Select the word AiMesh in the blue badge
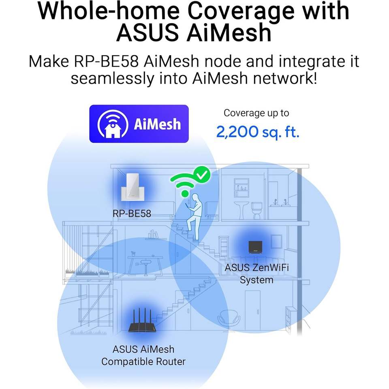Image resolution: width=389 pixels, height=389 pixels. pyautogui.click(x=157, y=124)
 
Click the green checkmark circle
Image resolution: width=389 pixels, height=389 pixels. pyautogui.click(x=201, y=175)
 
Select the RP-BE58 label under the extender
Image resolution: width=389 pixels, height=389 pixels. pyautogui.click(x=132, y=213)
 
